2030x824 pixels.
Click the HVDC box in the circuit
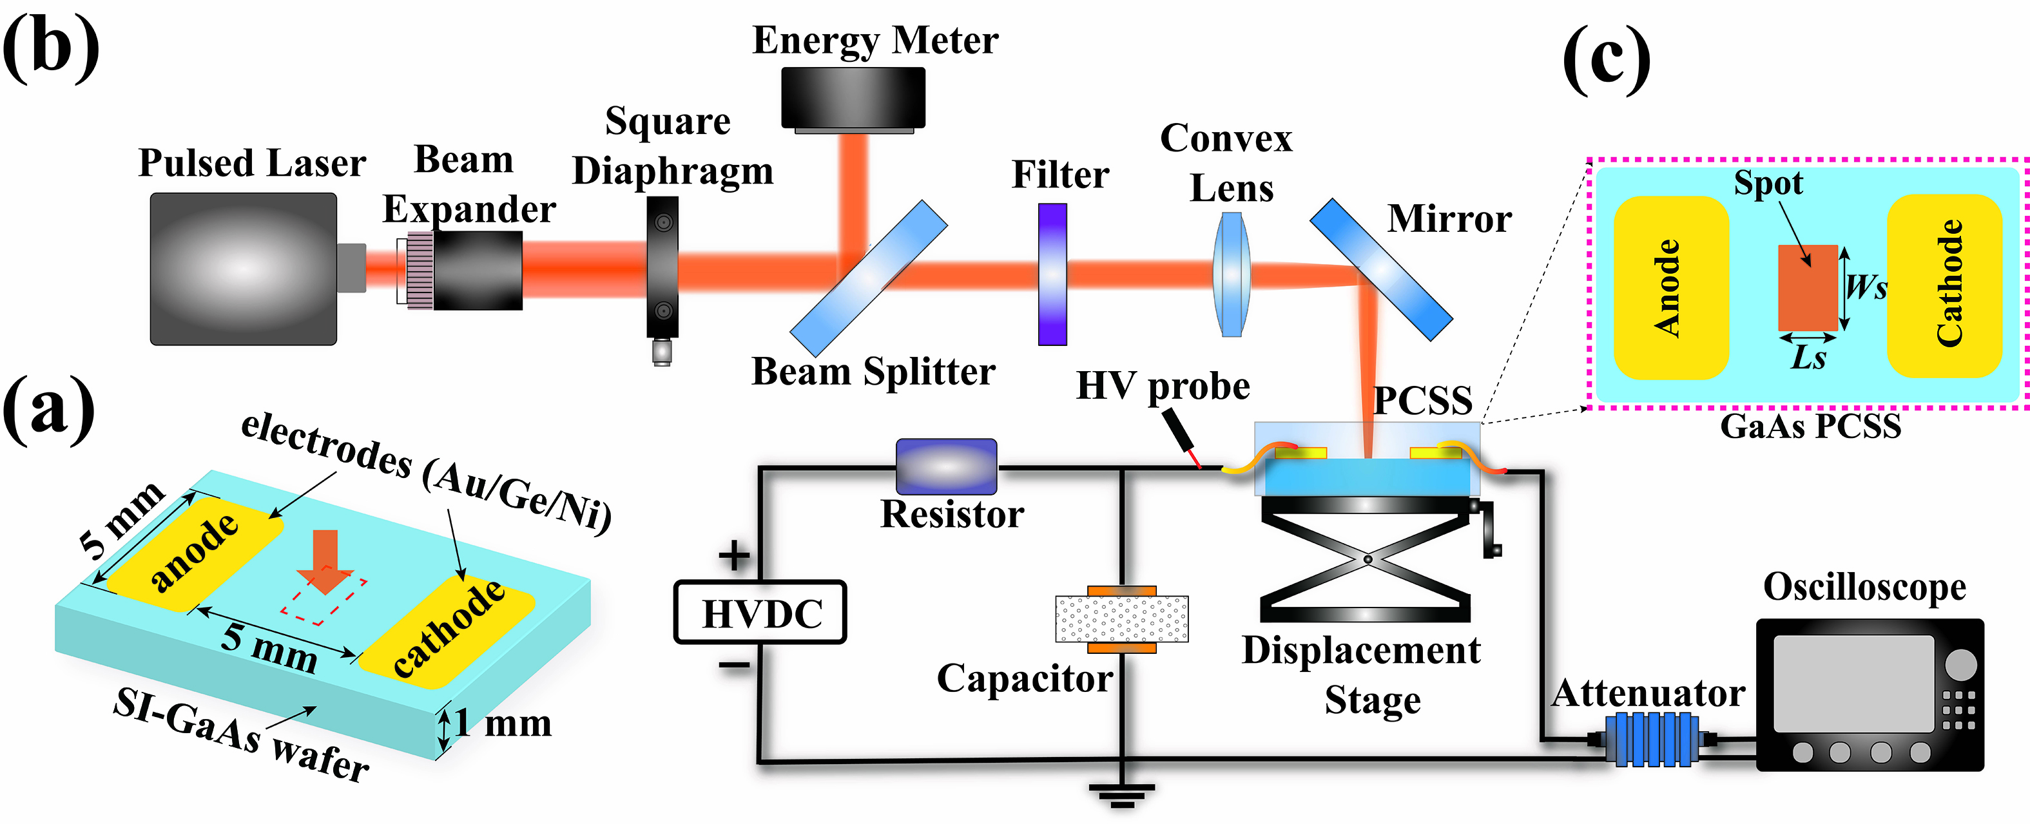click(x=760, y=613)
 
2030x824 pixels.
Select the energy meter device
click(x=853, y=99)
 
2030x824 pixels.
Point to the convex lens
click(x=1230, y=274)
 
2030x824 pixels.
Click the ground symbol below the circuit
click(x=1121, y=794)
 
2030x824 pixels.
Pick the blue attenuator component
click(x=1652, y=738)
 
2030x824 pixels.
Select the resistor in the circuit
click(x=947, y=466)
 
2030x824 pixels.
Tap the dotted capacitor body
click(x=1121, y=619)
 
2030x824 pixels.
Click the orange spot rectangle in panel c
click(x=1808, y=287)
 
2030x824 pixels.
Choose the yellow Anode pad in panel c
click(x=1670, y=287)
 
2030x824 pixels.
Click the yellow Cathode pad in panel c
click(x=1945, y=285)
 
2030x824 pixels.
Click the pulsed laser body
click(x=244, y=269)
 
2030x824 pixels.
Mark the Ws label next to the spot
click(x=1867, y=286)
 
